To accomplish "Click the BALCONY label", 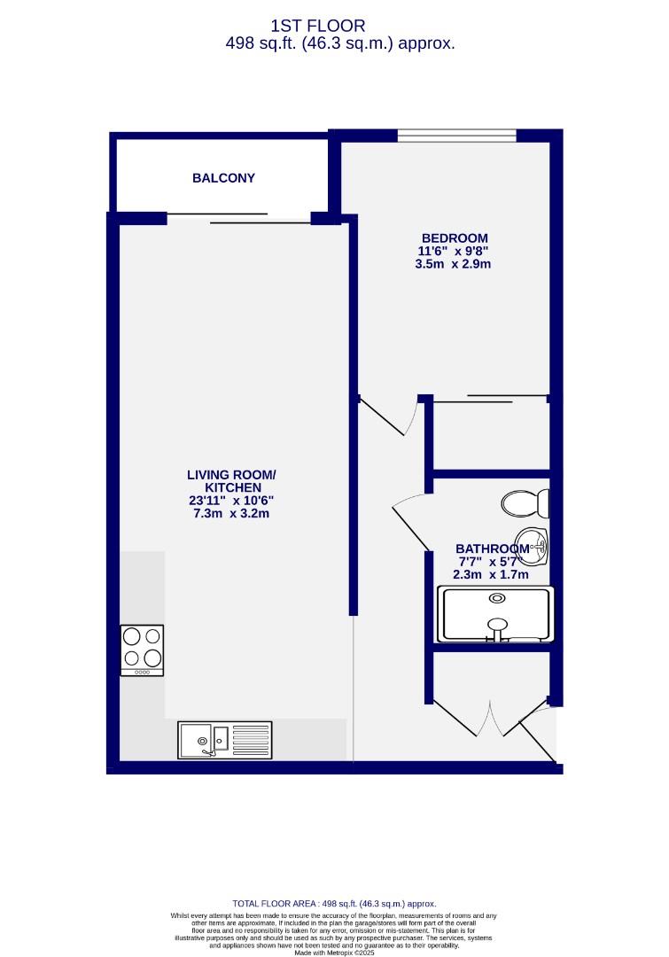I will tap(223, 178).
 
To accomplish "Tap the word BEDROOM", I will tap(454, 237).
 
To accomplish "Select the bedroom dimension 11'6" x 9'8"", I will tap(454, 251).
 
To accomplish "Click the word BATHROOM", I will tap(492, 549).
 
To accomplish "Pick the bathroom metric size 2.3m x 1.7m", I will tap(490, 574).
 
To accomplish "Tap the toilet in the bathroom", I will tap(525, 504).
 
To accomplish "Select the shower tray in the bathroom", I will tap(496, 613).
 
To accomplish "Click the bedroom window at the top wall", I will tap(456, 136).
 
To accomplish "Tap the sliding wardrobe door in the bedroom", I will tap(489, 399).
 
